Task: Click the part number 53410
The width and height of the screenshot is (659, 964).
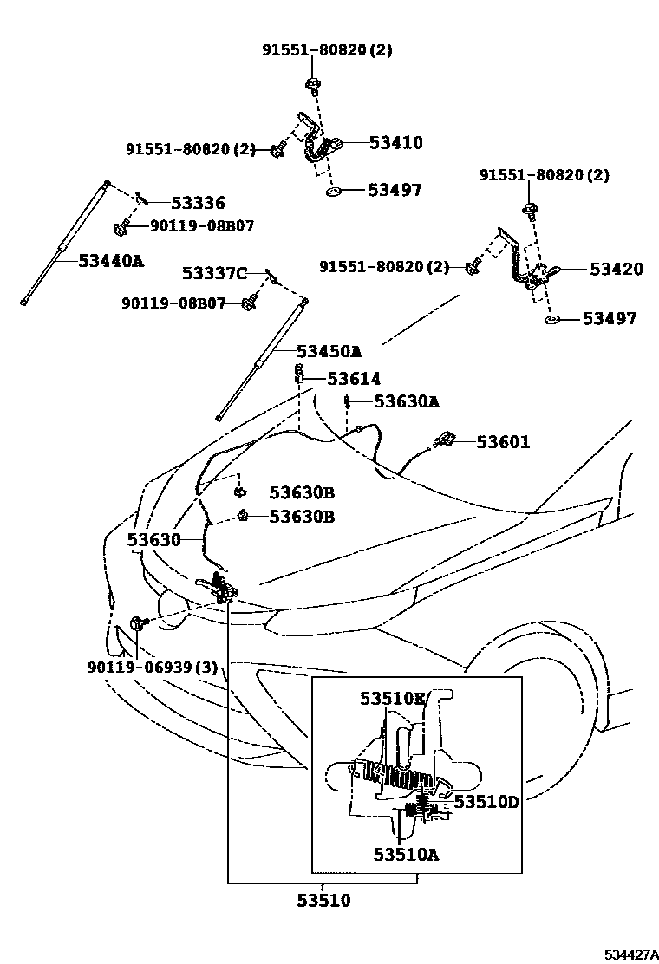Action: (x=395, y=142)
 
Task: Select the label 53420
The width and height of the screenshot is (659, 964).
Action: (x=617, y=270)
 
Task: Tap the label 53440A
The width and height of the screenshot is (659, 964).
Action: (x=111, y=259)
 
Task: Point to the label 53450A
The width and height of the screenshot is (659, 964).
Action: (x=329, y=351)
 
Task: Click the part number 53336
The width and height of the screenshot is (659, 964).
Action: (x=198, y=204)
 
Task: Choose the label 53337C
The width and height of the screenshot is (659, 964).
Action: (x=214, y=274)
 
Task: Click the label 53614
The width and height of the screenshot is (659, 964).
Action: (x=354, y=379)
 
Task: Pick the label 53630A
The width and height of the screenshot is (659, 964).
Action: (x=407, y=401)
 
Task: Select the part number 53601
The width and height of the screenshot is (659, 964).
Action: (x=503, y=442)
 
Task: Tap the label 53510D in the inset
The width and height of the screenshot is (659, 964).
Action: (x=486, y=802)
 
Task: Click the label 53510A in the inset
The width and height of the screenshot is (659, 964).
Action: (x=406, y=854)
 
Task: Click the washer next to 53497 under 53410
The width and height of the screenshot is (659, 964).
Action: (x=333, y=190)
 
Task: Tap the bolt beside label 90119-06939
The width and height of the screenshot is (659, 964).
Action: (x=140, y=622)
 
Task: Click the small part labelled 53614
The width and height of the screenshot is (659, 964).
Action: (x=297, y=374)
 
